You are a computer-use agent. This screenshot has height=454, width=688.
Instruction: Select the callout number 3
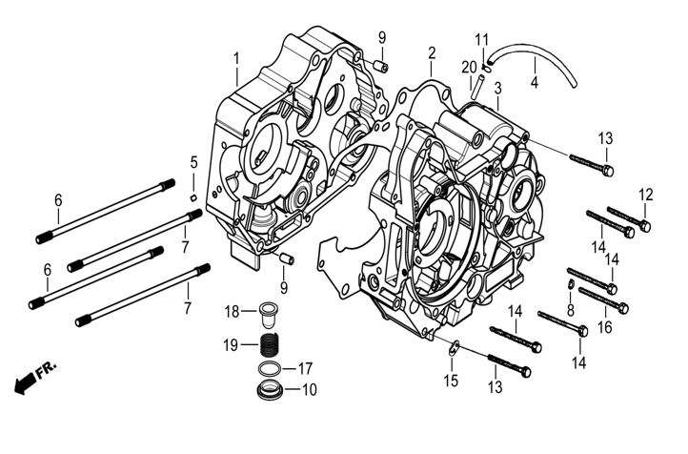497,88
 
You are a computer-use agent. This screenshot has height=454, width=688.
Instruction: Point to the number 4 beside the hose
535,82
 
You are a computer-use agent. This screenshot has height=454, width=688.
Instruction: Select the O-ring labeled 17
270,369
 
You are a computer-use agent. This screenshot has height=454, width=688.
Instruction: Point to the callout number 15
451,381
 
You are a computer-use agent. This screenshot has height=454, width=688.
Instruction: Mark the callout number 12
646,195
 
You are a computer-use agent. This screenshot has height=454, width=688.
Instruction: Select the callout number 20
467,66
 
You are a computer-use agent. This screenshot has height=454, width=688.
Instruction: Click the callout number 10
309,390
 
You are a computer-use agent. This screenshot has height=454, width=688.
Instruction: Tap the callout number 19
232,344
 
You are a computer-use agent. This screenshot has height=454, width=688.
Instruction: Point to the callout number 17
305,368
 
